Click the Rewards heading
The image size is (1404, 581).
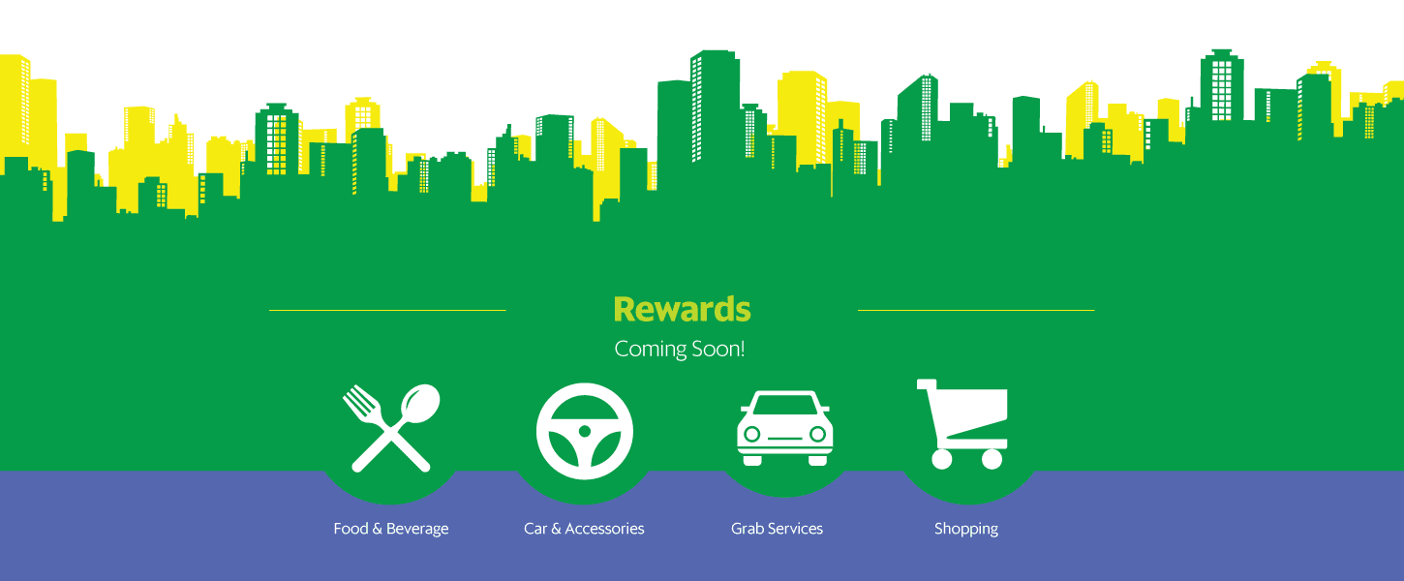point(682,309)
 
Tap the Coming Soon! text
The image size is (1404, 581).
point(680,350)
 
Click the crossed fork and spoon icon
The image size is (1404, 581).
point(391,428)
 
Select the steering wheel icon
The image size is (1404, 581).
point(585,431)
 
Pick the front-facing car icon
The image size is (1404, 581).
point(784,428)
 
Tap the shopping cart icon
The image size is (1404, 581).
point(962,424)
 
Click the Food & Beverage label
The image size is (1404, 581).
point(390,529)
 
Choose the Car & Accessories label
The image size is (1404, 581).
point(584,529)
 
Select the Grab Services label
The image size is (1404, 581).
point(777,529)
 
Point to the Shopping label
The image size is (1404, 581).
point(966,529)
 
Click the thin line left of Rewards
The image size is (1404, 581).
point(387,310)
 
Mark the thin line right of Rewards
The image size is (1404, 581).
point(976,310)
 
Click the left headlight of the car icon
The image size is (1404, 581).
point(752,434)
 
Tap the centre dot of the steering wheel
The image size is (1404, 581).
point(585,431)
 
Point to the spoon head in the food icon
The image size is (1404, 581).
point(420,402)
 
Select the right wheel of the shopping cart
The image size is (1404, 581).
point(992,459)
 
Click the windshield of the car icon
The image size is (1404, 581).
point(784,405)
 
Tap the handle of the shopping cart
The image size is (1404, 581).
point(927,383)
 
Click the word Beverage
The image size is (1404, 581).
point(417,529)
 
